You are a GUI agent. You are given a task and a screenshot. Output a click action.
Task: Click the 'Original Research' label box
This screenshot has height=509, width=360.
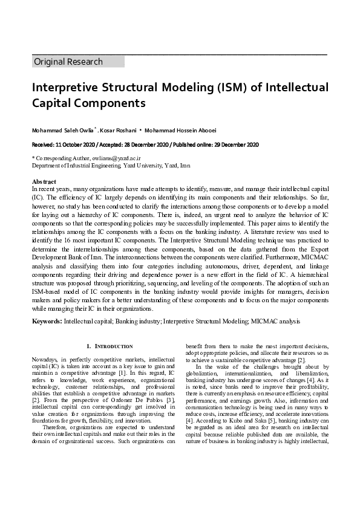tap(77, 62)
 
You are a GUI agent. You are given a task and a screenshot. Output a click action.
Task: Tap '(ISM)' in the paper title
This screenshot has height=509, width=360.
tap(228, 88)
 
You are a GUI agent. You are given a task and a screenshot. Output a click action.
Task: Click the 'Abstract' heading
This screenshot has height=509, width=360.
tap(44, 182)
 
